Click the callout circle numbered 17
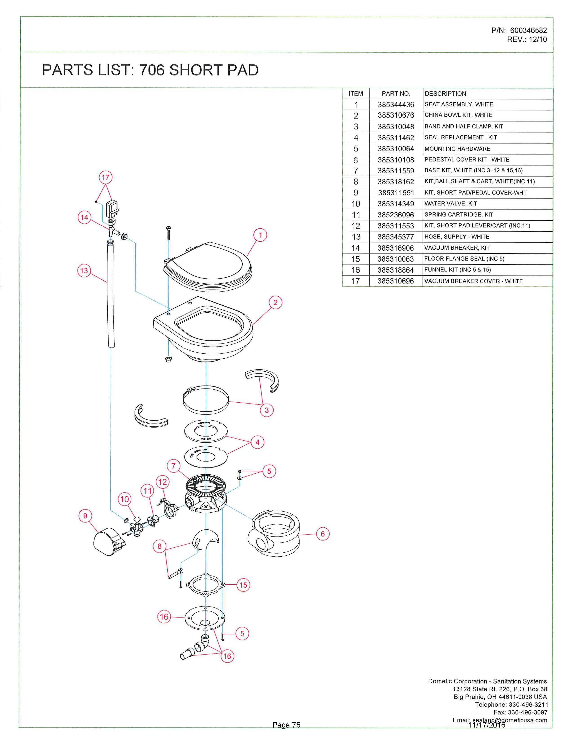[106, 177]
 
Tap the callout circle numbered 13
[84, 271]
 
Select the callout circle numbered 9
[85, 516]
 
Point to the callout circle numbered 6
[322, 534]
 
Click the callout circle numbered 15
[243, 585]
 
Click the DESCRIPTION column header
[445, 94]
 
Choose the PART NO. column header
[396, 94]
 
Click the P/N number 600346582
[528, 31]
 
